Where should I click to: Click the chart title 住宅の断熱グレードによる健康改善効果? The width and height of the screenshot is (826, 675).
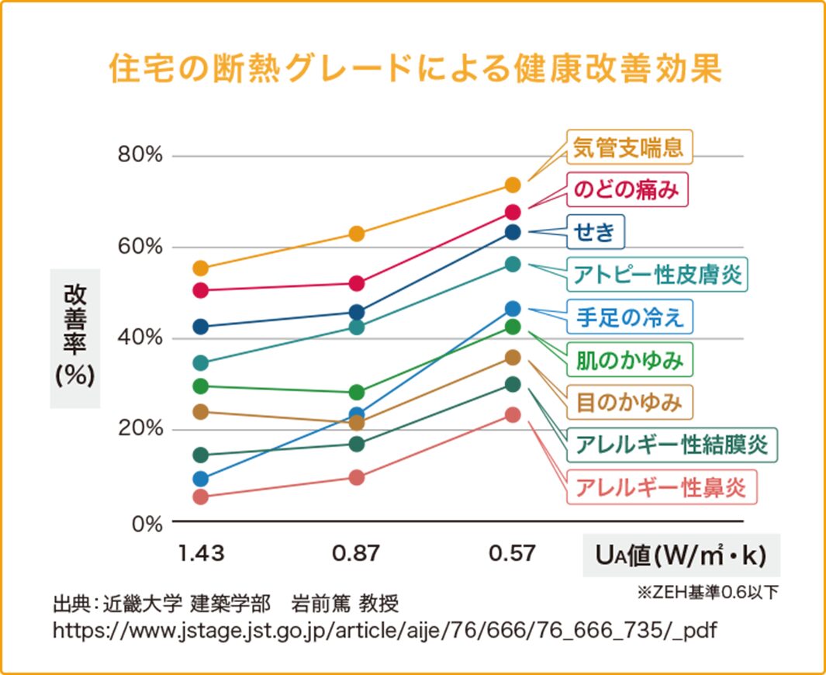tap(415, 69)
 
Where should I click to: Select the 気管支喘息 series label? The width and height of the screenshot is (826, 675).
tap(628, 147)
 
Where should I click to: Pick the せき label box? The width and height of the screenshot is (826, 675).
tap(596, 231)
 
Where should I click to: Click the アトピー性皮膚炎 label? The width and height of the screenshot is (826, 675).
tap(657, 274)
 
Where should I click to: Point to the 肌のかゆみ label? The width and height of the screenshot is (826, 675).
tap(629, 359)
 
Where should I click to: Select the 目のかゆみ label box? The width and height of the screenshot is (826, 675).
tap(629, 402)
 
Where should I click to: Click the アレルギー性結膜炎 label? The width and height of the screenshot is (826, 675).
tap(672, 445)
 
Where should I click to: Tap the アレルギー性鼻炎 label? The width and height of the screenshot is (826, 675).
tap(660, 487)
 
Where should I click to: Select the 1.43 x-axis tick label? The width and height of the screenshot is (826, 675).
tap(201, 553)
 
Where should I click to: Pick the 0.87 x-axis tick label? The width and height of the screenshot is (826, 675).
tap(356, 553)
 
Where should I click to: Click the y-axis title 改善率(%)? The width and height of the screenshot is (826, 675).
tap(75, 337)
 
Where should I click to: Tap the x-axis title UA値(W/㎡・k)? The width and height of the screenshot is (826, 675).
tap(680, 556)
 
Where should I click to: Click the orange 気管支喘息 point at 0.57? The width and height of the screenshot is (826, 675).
tap(512, 185)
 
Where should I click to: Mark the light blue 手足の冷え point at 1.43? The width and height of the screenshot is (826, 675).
tap(201, 479)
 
